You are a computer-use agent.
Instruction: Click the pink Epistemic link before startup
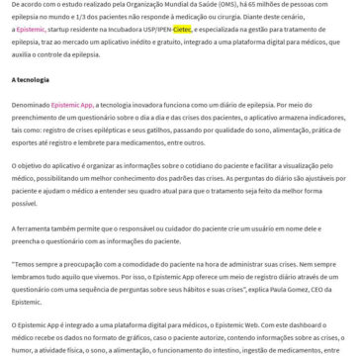tap(31, 30)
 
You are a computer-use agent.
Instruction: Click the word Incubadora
tap(112, 30)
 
